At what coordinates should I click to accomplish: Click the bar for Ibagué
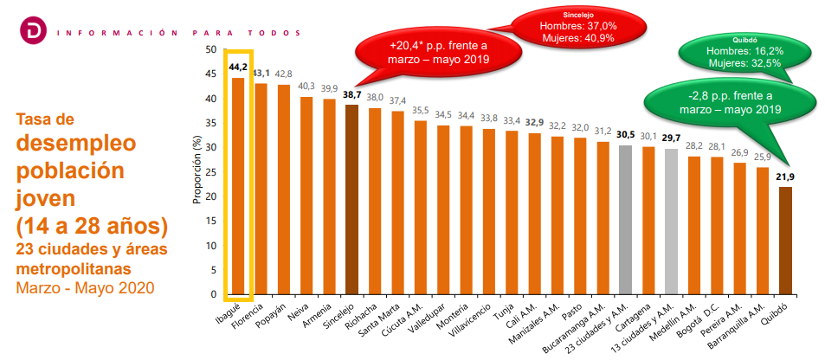(x=237, y=186)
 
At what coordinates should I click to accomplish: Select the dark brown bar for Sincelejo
(x=351, y=200)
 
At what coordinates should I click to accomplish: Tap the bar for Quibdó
(x=785, y=241)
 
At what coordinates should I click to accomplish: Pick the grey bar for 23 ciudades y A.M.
(x=624, y=220)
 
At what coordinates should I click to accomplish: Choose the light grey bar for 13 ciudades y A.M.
(x=670, y=222)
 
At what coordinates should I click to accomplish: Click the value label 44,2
(x=237, y=67)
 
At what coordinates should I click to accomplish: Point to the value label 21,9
(x=785, y=177)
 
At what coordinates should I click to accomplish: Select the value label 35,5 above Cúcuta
(x=421, y=110)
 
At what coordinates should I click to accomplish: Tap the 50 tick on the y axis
(x=210, y=49)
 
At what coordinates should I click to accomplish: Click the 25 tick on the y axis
(x=210, y=172)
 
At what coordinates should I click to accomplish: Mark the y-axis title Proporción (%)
(x=197, y=172)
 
